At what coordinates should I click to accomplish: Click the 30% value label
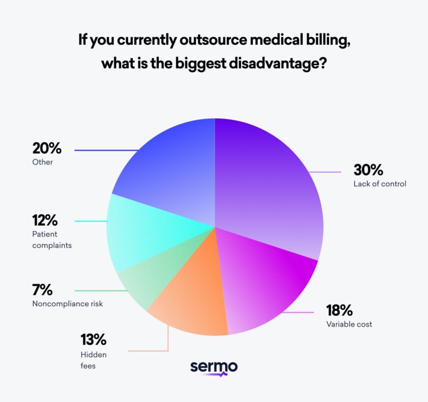368,170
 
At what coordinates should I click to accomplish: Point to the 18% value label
339,310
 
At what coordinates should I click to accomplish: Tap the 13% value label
93,340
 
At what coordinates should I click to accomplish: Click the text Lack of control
379,184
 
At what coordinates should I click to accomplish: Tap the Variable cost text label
349,324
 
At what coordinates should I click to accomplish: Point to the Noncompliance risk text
67,303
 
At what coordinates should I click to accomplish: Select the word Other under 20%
42,162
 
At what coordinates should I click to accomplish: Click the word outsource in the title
212,40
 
